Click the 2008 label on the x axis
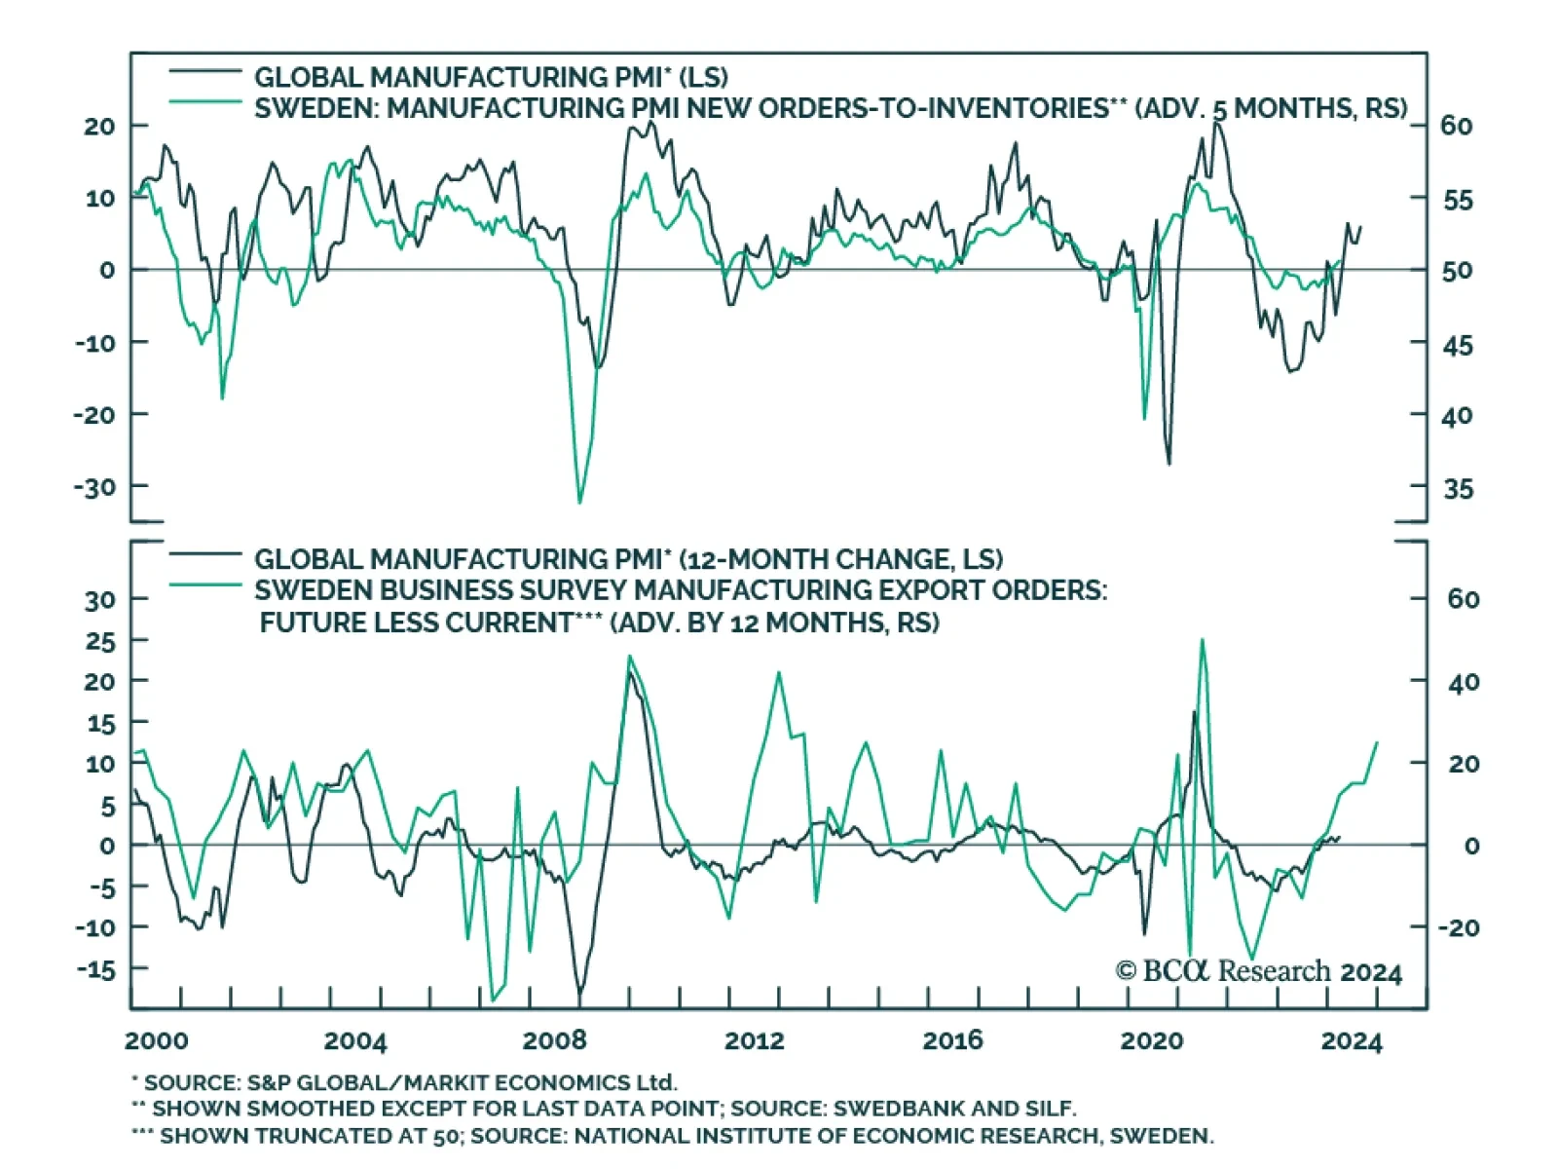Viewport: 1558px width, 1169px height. tap(554, 1040)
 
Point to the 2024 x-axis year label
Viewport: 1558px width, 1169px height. tap(1351, 1041)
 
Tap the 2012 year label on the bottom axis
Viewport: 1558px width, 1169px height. tap(754, 1040)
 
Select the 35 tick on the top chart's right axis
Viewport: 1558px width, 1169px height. tap(1458, 489)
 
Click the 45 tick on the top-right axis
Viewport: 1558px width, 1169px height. tap(1458, 345)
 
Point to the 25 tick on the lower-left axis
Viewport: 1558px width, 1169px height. tap(99, 641)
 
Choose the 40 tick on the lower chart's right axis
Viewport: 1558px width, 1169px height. tap(1464, 682)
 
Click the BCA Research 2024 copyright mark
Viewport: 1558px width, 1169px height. tap(1258, 971)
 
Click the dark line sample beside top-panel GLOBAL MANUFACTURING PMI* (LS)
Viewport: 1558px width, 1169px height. tap(205, 71)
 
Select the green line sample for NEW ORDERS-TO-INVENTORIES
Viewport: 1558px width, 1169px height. tap(205, 101)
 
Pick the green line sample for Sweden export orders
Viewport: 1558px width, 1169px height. tap(205, 584)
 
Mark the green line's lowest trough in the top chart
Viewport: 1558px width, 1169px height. tap(579, 503)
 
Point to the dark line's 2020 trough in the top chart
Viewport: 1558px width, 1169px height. tap(1168, 464)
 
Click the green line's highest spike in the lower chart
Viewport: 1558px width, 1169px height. tap(1203, 640)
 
